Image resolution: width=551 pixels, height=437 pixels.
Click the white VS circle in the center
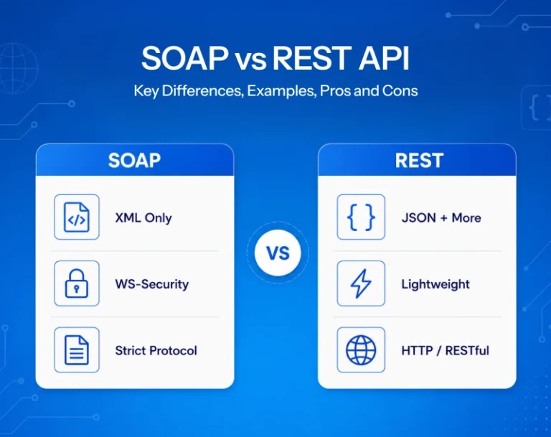[278, 253]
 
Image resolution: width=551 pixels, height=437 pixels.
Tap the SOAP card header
[135, 160]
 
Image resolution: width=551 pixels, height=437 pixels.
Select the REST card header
[417, 160]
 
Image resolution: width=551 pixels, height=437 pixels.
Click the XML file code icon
[77, 217]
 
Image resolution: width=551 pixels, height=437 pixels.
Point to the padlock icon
[77, 283]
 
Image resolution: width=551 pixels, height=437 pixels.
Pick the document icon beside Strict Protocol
[77, 349]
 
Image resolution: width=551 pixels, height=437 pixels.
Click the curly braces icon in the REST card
[361, 217]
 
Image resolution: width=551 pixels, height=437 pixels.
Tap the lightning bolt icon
[361, 283]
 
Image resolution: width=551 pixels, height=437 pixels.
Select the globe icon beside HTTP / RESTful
[361, 349]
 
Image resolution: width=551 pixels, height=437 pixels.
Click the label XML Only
[143, 218]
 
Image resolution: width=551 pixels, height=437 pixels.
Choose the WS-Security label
[152, 284]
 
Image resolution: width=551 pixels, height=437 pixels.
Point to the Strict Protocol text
[156, 350]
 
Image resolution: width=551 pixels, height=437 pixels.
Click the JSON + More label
[441, 218]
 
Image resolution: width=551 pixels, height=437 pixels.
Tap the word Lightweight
[435, 284]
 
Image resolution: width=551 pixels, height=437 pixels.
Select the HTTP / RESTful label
[446, 350]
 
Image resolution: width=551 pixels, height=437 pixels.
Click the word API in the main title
[384, 58]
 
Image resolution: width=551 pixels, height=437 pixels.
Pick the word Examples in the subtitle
[281, 90]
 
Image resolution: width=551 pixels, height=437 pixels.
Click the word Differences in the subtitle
[202, 90]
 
